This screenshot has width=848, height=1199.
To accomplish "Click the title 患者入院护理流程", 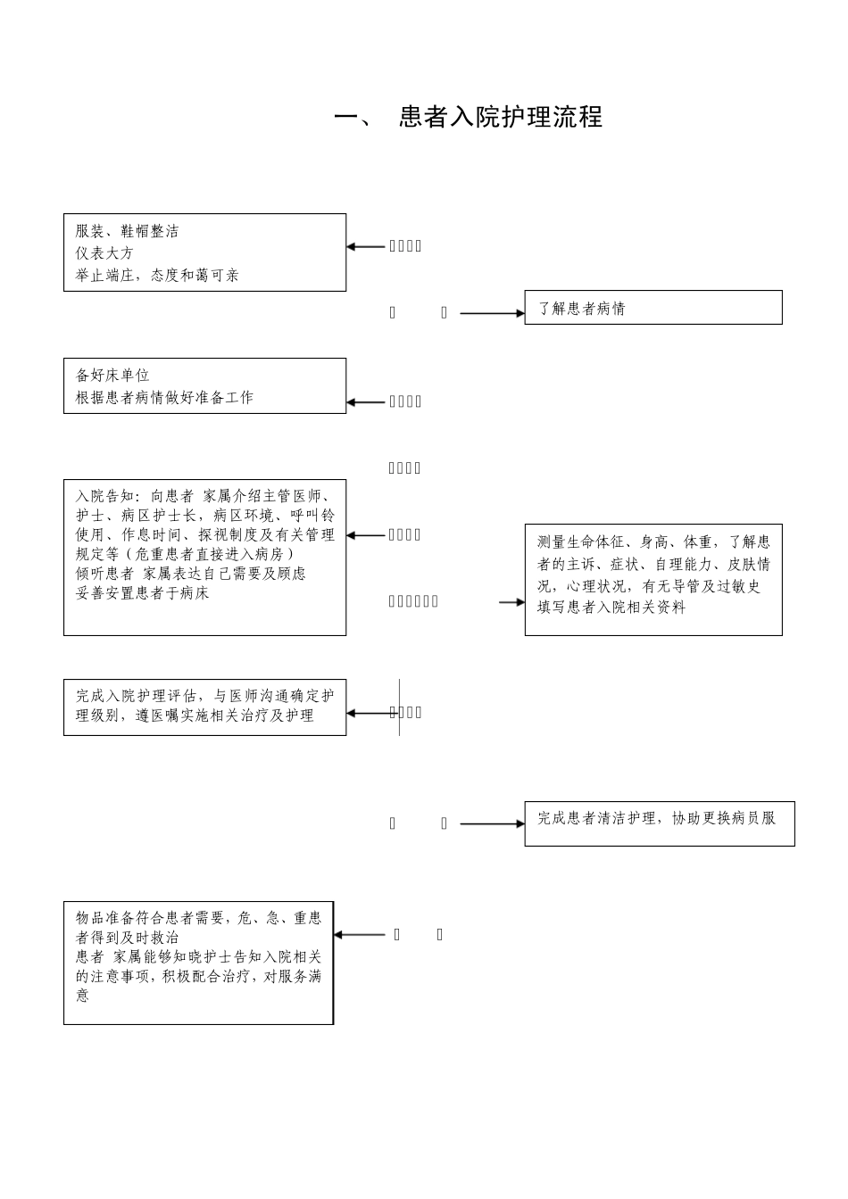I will click(501, 117).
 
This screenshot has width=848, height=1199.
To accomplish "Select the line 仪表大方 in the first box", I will click(104, 253).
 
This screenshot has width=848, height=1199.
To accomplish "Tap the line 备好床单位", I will click(112, 376).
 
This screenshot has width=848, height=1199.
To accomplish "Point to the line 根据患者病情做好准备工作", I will click(164, 398).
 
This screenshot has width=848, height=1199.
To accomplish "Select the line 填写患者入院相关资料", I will click(611, 608).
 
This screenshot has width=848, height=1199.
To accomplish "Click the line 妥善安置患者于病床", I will click(142, 593).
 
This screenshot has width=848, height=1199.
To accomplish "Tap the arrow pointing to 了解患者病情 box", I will click(492, 313).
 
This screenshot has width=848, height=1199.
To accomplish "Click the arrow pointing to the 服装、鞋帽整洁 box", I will click(366, 246).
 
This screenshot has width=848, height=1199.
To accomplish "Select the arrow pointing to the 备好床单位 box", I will click(366, 402).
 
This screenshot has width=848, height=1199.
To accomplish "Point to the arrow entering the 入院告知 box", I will click(366, 535).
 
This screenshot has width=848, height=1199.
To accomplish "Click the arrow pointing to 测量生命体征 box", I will click(511, 602).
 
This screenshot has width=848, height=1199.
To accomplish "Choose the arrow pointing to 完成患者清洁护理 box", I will click(492, 823).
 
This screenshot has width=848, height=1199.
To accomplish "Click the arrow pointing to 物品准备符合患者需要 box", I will click(360, 935).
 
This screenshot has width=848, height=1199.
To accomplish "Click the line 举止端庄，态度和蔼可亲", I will click(157, 276).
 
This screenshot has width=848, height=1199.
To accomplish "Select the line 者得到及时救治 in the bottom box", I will click(127, 938).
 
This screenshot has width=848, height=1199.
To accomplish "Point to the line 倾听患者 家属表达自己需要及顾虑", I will click(190, 574).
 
